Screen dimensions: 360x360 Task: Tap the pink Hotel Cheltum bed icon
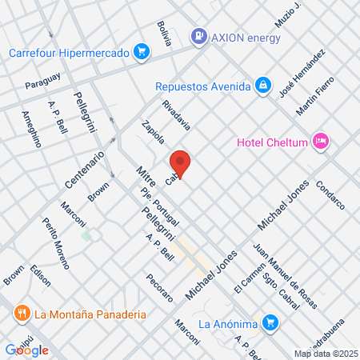coord(320,142)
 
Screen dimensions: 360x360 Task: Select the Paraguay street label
coord(42,82)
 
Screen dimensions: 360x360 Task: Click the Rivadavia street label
coord(176,115)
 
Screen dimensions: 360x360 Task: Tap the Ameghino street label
coord(31,129)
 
